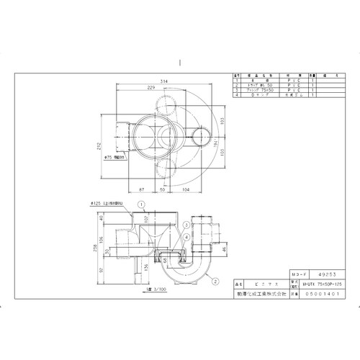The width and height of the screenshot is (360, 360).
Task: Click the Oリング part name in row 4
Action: pyautogui.click(x=256, y=94)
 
